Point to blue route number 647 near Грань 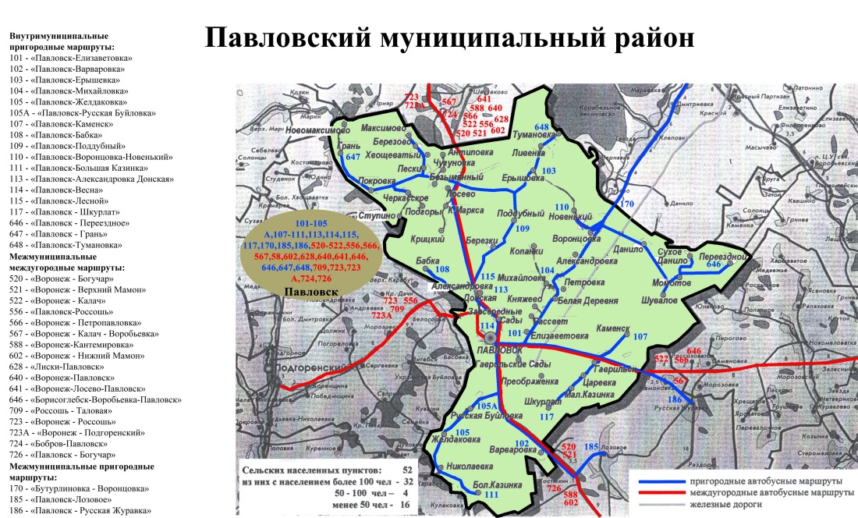pyautogui.click(x=353, y=158)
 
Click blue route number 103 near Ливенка pyautogui.click(x=548, y=171)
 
